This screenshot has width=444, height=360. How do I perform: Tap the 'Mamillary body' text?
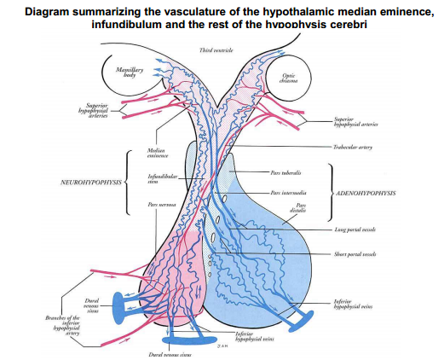pos(118,71)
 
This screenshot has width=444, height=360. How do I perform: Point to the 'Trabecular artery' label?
pos(355,147)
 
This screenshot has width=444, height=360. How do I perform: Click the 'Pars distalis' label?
pos(301,208)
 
